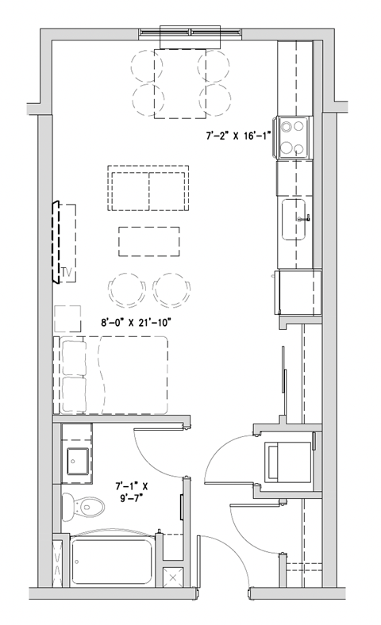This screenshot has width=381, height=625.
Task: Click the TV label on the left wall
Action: tap(67, 274)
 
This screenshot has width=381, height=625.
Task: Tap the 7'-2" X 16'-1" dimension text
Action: tap(239, 136)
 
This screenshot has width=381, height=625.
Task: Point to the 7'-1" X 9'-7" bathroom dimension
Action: tap(133, 489)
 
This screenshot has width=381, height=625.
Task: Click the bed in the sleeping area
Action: tap(111, 374)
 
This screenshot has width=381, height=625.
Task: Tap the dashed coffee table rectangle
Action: tap(148, 241)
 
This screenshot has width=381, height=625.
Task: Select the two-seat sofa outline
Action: tap(149, 189)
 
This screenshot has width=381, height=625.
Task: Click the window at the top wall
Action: tap(189, 33)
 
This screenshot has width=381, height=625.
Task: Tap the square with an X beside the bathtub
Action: tap(173, 577)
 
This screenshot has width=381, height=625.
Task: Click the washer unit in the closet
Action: tap(287, 459)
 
